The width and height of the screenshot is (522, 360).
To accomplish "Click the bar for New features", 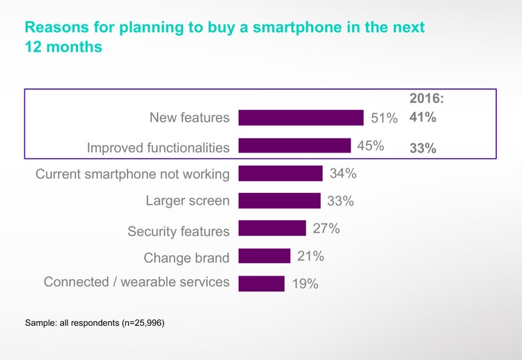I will point(301,118).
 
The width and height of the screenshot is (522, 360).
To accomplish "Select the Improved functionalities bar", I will point(294,146).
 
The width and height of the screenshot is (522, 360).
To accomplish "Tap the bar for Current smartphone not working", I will point(280,173).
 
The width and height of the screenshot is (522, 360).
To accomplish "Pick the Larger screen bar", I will point(279,201).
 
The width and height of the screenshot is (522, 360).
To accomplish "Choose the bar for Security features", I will point(272,228).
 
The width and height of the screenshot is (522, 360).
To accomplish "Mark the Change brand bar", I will point(264,256).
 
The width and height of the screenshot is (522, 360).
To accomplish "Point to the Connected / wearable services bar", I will point(262,283).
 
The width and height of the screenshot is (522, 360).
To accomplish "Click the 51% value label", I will point(384,118).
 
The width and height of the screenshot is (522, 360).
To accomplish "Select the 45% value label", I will point(371,146).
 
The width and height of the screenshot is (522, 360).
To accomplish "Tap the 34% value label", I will point(343,173).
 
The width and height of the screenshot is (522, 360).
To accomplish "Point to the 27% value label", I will point(326,228).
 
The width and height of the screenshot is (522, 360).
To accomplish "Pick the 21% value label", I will point(310,256).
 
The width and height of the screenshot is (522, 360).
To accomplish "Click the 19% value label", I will point(305,283).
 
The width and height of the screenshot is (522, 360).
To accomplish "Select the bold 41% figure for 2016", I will point(423,118).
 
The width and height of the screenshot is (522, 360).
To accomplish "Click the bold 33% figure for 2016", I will point(423,148).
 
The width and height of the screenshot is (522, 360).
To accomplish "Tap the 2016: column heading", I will point(426,100).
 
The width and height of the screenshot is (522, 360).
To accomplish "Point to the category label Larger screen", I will point(187,201).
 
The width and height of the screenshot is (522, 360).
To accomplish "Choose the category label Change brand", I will point(187,258).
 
